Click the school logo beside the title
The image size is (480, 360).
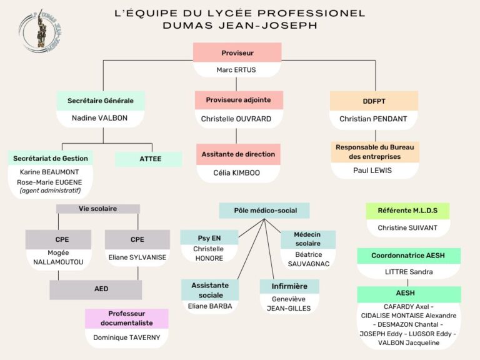[x=40, y=31]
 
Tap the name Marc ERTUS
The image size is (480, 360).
[x=236, y=70]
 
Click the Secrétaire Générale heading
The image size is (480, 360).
[x=101, y=101]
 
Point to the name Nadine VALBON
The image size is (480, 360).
[x=99, y=118]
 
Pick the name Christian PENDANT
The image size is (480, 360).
[x=373, y=119]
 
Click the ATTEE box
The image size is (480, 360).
[x=149, y=159]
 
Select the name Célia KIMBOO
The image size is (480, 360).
[x=237, y=172]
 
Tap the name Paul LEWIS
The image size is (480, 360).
[x=372, y=171]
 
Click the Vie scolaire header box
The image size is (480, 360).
[x=98, y=209]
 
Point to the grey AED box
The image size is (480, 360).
[x=96, y=289]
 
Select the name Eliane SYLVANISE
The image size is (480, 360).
[x=137, y=257]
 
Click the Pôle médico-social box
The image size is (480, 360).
[x=264, y=211]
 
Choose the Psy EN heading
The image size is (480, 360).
[x=209, y=238]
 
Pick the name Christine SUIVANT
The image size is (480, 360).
[x=407, y=227]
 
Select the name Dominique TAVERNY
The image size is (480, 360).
[x=127, y=337]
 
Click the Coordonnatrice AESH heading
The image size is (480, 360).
[x=408, y=256]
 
